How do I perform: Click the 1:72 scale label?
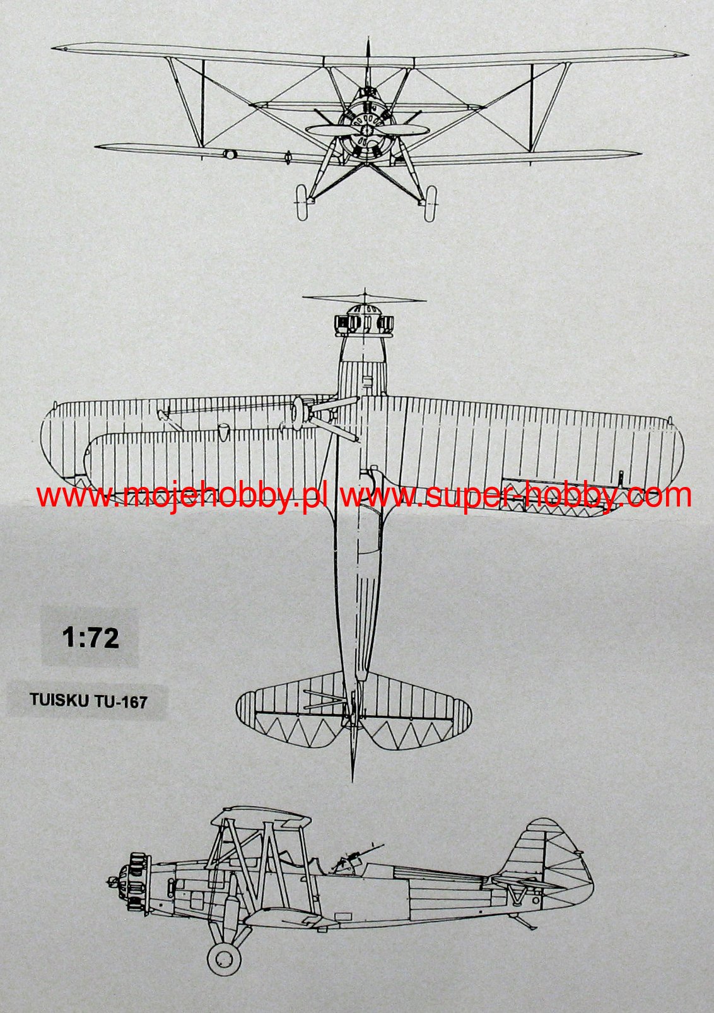pos(90,638)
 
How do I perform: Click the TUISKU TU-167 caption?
pos(88,701)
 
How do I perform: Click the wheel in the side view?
pos(224,958)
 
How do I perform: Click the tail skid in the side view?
pos(526,924)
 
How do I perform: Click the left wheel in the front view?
pos(302,202)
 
